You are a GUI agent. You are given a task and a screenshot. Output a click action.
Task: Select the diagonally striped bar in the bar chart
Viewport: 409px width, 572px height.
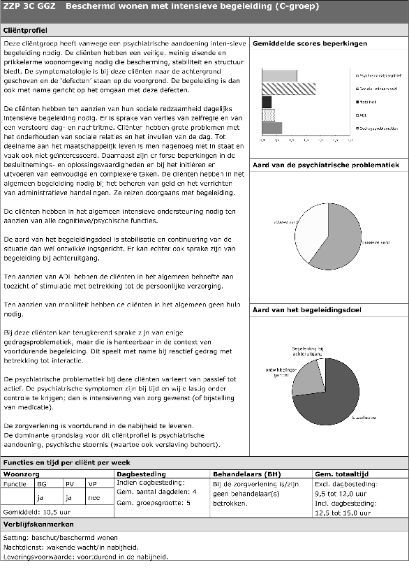pyautogui.click(x=288, y=89)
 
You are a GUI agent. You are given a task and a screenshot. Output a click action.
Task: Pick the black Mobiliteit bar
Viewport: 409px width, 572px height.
pyautogui.click(x=267, y=102)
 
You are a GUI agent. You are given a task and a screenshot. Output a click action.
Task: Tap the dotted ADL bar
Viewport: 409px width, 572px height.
pyautogui.click(x=268, y=115)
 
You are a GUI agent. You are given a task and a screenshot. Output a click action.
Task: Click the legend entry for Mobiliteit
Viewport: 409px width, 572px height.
pyautogui.click(x=368, y=102)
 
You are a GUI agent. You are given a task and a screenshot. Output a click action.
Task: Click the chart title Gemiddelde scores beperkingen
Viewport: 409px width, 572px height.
pyautogui.click(x=309, y=43)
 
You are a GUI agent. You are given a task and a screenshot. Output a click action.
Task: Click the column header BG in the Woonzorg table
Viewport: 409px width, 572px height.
pyautogui.click(x=41, y=483)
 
